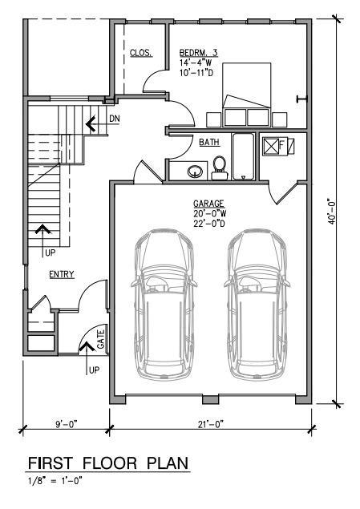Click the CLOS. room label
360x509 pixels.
(141, 53)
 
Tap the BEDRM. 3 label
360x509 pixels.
(198, 53)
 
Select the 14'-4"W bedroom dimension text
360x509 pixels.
(196, 63)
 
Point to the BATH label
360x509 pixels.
(209, 142)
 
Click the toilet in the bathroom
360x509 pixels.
(219, 168)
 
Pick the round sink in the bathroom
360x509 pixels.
(195, 171)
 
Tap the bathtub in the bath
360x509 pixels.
(243, 156)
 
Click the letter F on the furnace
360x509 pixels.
(281, 145)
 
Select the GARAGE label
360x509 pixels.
(208, 204)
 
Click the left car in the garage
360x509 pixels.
(164, 305)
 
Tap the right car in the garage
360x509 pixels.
(257, 305)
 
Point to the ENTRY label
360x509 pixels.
(62, 274)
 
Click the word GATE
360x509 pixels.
(101, 339)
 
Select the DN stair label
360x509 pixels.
(115, 119)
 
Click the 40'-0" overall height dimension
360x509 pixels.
(331, 212)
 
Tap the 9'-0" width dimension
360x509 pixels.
(67, 424)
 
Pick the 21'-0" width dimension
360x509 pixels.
(211, 424)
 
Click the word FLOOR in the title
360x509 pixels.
(110, 463)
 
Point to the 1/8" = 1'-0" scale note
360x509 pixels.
(55, 480)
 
